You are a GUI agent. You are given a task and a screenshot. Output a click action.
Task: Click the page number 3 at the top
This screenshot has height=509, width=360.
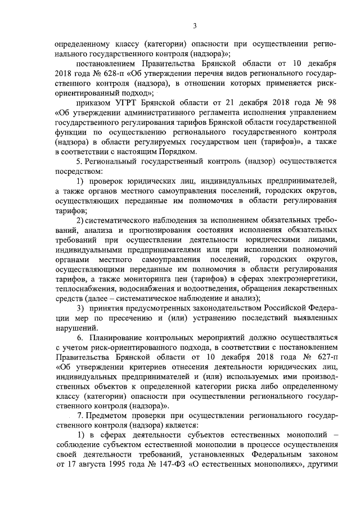[x=194, y=25]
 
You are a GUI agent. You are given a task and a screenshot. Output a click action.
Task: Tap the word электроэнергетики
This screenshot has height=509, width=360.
[x=301, y=279]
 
